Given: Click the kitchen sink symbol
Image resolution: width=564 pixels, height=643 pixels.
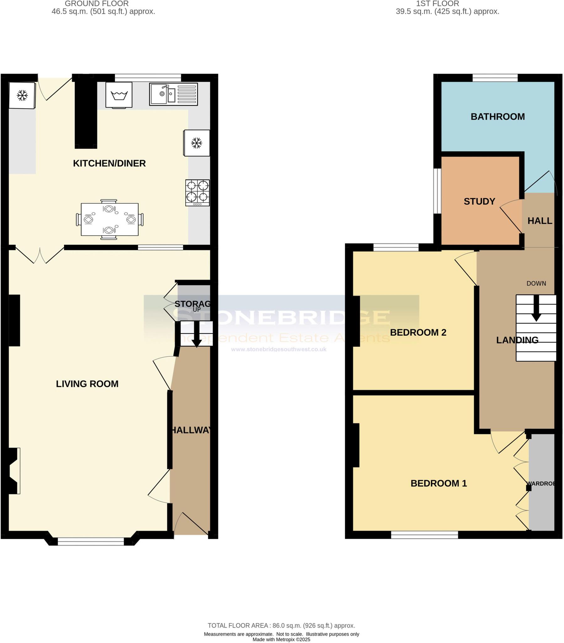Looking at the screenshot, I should (173, 94).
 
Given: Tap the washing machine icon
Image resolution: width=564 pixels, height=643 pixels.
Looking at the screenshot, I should (119, 95).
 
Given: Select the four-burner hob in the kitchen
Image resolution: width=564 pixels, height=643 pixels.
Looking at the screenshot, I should (197, 192).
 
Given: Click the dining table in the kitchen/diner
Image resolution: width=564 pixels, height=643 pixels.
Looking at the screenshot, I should (109, 219).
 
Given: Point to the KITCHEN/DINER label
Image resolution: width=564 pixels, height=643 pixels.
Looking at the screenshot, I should (109, 163).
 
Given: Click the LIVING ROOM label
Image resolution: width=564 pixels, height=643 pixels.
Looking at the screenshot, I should (87, 384).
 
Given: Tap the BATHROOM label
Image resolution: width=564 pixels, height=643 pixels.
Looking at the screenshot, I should (497, 117).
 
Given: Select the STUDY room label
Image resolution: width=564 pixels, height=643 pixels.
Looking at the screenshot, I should (479, 201).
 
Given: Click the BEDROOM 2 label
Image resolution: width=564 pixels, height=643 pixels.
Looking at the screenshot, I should (418, 332).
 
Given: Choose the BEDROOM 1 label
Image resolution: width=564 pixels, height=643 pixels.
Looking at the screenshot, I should (439, 483).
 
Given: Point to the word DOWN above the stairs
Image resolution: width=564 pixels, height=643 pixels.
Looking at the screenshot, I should (536, 284).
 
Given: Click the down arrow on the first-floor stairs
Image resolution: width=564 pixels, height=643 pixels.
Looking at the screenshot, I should (536, 310).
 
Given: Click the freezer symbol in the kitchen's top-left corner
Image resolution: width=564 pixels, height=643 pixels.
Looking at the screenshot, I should (22, 95).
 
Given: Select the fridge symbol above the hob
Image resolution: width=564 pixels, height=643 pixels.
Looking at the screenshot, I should (196, 143).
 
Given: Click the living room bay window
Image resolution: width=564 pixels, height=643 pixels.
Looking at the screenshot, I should (91, 541).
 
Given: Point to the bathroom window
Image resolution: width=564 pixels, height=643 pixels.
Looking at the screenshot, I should (495, 78).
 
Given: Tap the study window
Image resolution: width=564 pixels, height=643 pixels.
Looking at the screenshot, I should (437, 191).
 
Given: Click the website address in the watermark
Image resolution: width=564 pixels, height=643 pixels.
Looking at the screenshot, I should (279, 349).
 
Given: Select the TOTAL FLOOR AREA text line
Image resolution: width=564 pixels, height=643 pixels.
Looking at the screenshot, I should (281, 626).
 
